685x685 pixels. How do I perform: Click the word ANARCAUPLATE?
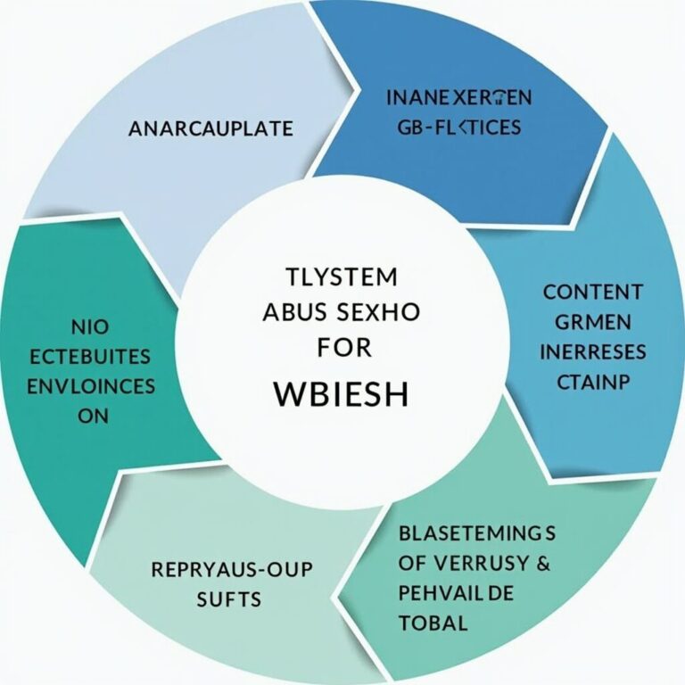[210, 128]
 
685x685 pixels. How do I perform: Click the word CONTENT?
[592, 291]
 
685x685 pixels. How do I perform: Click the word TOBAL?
[433, 623]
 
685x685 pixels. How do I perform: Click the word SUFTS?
[229, 598]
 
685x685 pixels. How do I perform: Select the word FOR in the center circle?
[342, 348]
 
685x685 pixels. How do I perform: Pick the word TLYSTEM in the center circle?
[342, 277]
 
